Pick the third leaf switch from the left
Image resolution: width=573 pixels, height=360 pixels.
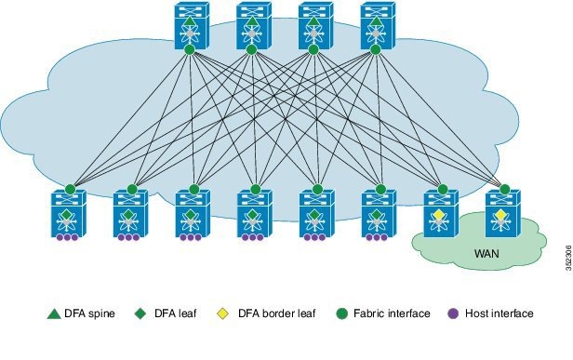click(x=192, y=214)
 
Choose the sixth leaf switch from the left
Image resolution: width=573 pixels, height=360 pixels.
click(x=376, y=214)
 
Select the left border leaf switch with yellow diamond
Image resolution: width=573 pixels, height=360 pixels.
click(x=439, y=214)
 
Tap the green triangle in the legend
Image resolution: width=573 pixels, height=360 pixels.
click(x=53, y=313)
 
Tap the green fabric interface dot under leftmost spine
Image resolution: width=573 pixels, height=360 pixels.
click(x=189, y=49)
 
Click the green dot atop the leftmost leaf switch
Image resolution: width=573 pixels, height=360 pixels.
click(x=68, y=189)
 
